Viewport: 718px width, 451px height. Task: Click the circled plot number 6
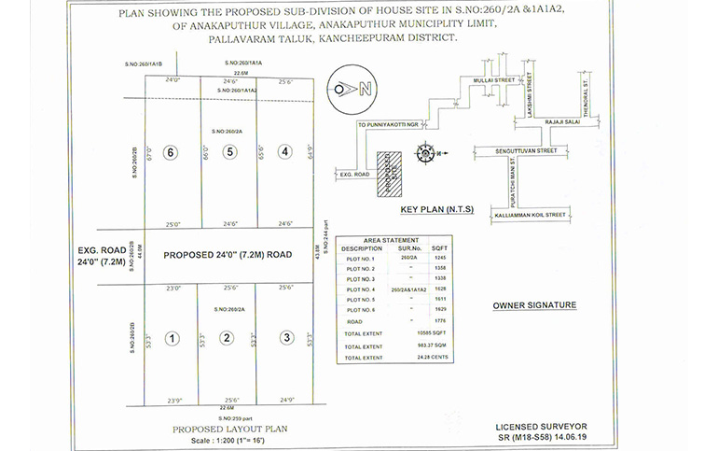point(169,151)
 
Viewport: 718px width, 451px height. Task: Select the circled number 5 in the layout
point(228,151)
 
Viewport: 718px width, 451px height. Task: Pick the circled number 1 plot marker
point(172,338)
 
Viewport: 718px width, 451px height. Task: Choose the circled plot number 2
point(226,338)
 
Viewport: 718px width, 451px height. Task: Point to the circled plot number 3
point(287,338)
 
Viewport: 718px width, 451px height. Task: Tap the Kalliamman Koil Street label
point(529,215)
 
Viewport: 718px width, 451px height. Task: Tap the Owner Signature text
point(533,305)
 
